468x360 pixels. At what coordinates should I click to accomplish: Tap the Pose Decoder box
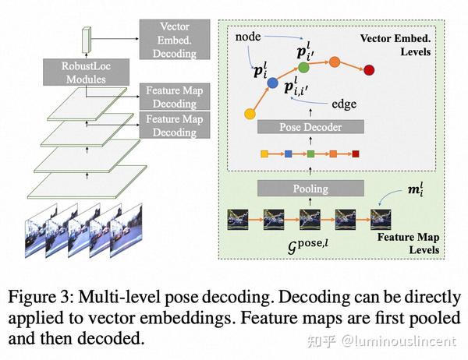(310, 126)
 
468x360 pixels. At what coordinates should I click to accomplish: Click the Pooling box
(310, 188)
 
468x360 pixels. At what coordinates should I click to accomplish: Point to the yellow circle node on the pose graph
(250, 115)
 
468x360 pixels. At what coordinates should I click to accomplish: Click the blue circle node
(272, 82)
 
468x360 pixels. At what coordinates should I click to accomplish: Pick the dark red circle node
(369, 71)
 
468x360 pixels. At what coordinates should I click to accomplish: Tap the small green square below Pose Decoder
(310, 154)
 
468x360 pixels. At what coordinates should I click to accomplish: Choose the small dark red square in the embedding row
(355, 154)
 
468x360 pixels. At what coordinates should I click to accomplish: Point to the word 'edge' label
(345, 103)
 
